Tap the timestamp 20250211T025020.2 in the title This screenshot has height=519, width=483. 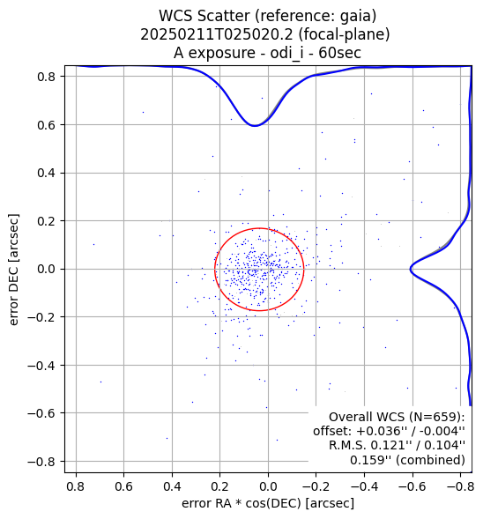click(x=217, y=34)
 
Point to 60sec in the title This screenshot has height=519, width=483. click(x=339, y=53)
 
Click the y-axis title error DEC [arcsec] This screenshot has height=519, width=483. click(x=14, y=270)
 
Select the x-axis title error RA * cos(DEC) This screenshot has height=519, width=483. click(x=241, y=503)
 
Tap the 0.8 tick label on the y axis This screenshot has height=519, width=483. click(x=46, y=77)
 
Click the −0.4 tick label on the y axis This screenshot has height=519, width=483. click(x=41, y=366)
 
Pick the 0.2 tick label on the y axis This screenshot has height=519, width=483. click(x=46, y=221)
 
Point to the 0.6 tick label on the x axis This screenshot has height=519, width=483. click(x=123, y=487)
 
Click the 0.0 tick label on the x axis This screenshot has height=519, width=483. click(x=268, y=487)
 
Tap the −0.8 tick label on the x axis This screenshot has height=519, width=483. click(x=460, y=487)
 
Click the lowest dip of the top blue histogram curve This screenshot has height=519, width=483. click(x=254, y=126)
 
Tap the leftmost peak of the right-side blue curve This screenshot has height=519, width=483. click(x=411, y=269)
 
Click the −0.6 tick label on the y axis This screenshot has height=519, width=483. click(x=41, y=413)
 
